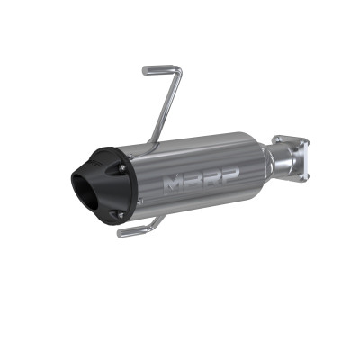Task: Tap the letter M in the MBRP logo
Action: pyautogui.click(x=173, y=184)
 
